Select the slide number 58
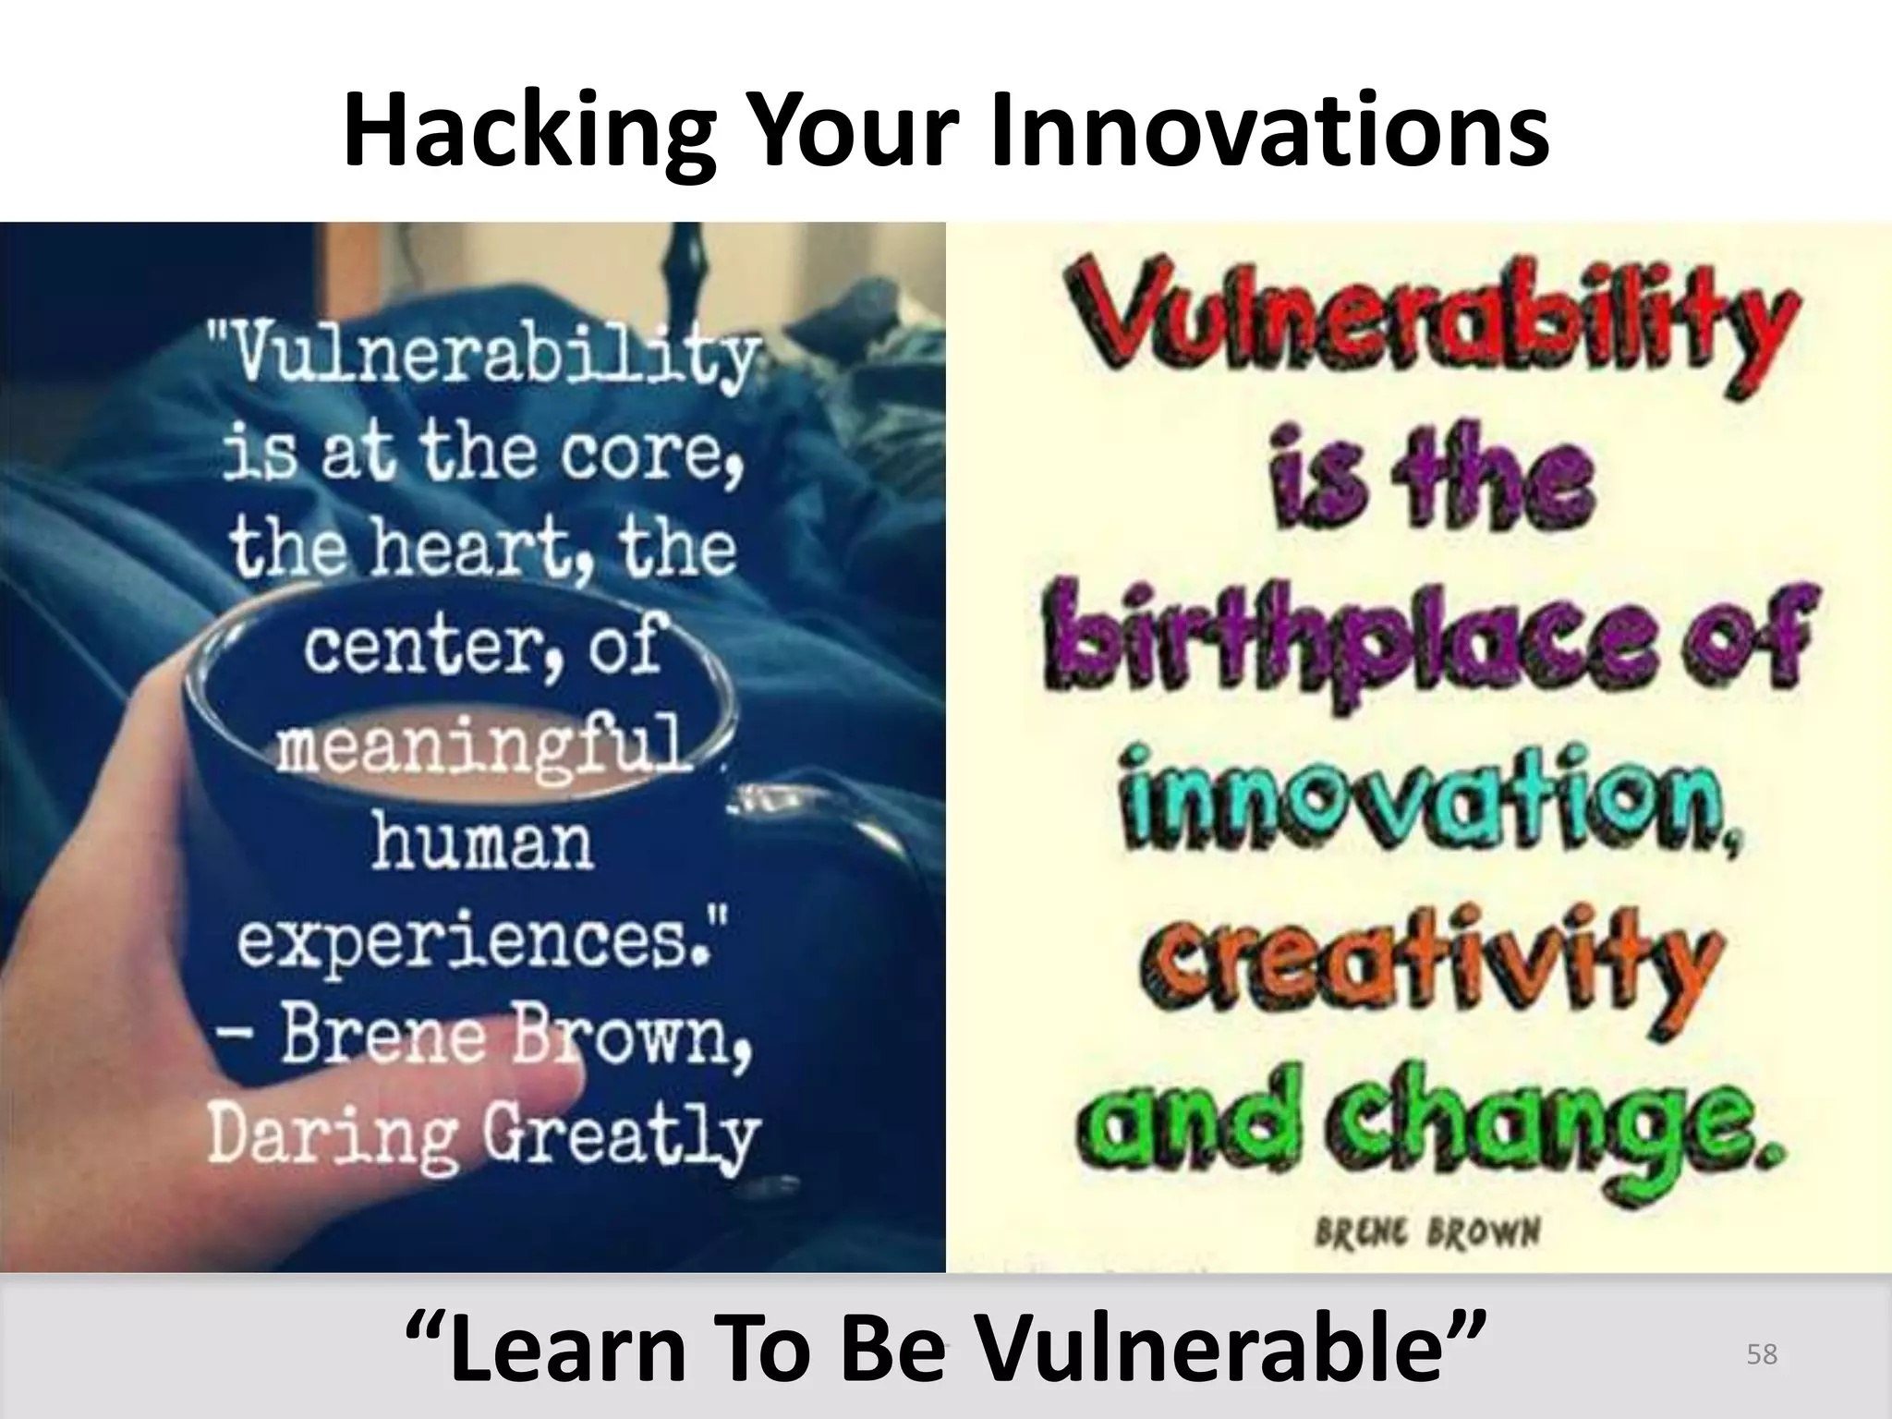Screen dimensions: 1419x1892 click(1762, 1354)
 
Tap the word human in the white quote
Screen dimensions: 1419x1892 click(482, 843)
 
